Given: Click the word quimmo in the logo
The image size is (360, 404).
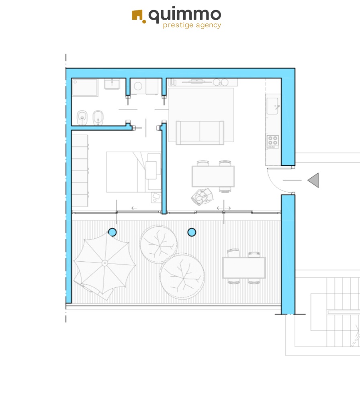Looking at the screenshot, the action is [x=185, y=15].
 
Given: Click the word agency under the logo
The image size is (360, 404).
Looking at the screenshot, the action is [x=209, y=25].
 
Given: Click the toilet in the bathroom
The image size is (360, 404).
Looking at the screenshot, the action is [x=82, y=117].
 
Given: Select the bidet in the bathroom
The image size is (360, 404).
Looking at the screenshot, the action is [x=98, y=118].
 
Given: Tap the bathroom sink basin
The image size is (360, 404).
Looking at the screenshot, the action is [x=112, y=84].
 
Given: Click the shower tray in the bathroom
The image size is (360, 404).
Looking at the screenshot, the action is [x=85, y=88].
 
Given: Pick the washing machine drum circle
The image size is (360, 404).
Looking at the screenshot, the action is [x=138, y=86].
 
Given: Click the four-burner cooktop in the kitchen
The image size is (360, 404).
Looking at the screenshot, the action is [x=272, y=142].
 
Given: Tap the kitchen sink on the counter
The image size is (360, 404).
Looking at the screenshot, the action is [x=272, y=106].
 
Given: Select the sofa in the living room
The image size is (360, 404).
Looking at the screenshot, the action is [x=200, y=132].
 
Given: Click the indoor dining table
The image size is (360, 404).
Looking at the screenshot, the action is [x=213, y=176].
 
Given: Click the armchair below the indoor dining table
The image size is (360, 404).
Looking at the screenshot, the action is [x=202, y=197].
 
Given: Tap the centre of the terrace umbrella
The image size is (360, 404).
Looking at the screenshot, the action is [x=104, y=263].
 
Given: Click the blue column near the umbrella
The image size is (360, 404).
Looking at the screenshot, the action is [x=112, y=232].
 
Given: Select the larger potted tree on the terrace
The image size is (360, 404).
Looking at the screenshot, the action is [x=182, y=276].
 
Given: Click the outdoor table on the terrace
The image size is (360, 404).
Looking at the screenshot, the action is [x=243, y=268].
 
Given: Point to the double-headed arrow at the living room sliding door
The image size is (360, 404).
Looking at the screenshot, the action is [x=223, y=208].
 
